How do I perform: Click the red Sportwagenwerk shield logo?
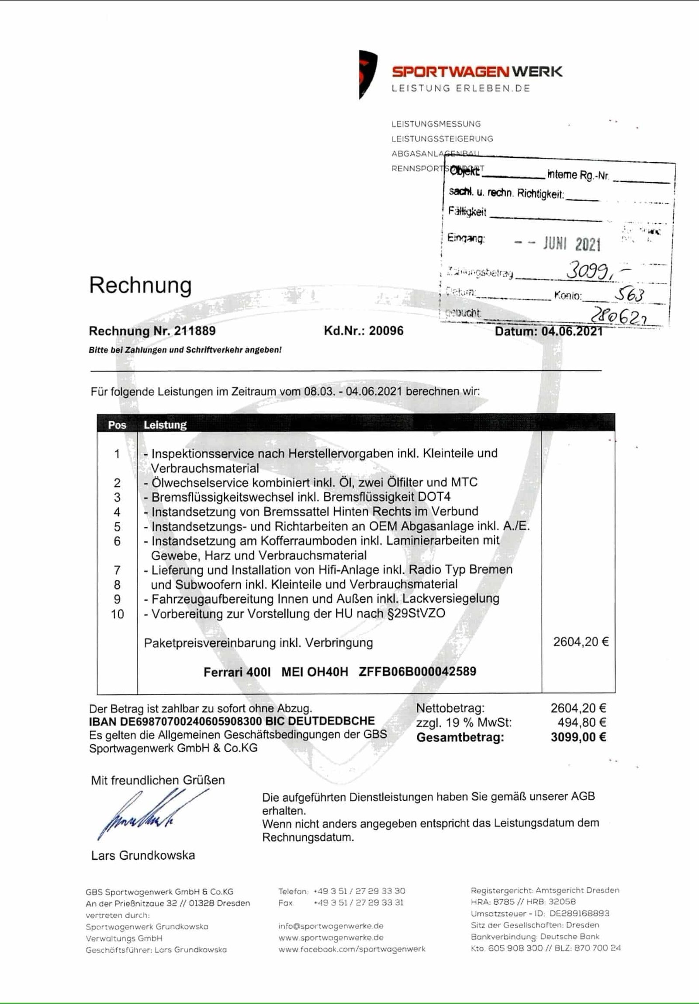[x=367, y=74]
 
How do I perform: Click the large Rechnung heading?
[x=140, y=286]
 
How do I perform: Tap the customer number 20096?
[x=386, y=331]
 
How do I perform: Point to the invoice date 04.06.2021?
[x=572, y=331]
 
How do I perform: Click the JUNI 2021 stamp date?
[x=572, y=244]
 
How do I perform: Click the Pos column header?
[x=117, y=425]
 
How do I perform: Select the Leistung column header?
[x=165, y=425]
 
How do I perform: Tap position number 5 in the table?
[x=117, y=526]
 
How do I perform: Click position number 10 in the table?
[x=117, y=614]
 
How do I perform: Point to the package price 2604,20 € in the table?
[x=581, y=642]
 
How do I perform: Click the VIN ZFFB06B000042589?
[x=417, y=671]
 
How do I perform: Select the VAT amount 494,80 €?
[x=579, y=722]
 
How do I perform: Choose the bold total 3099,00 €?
[x=578, y=737]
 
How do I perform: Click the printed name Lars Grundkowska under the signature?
[x=143, y=855]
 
